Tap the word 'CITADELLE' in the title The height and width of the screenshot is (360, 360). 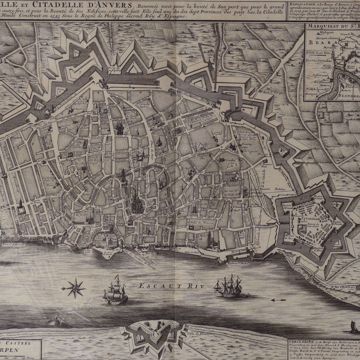(59, 13)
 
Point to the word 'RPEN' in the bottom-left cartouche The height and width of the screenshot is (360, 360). (17, 351)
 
